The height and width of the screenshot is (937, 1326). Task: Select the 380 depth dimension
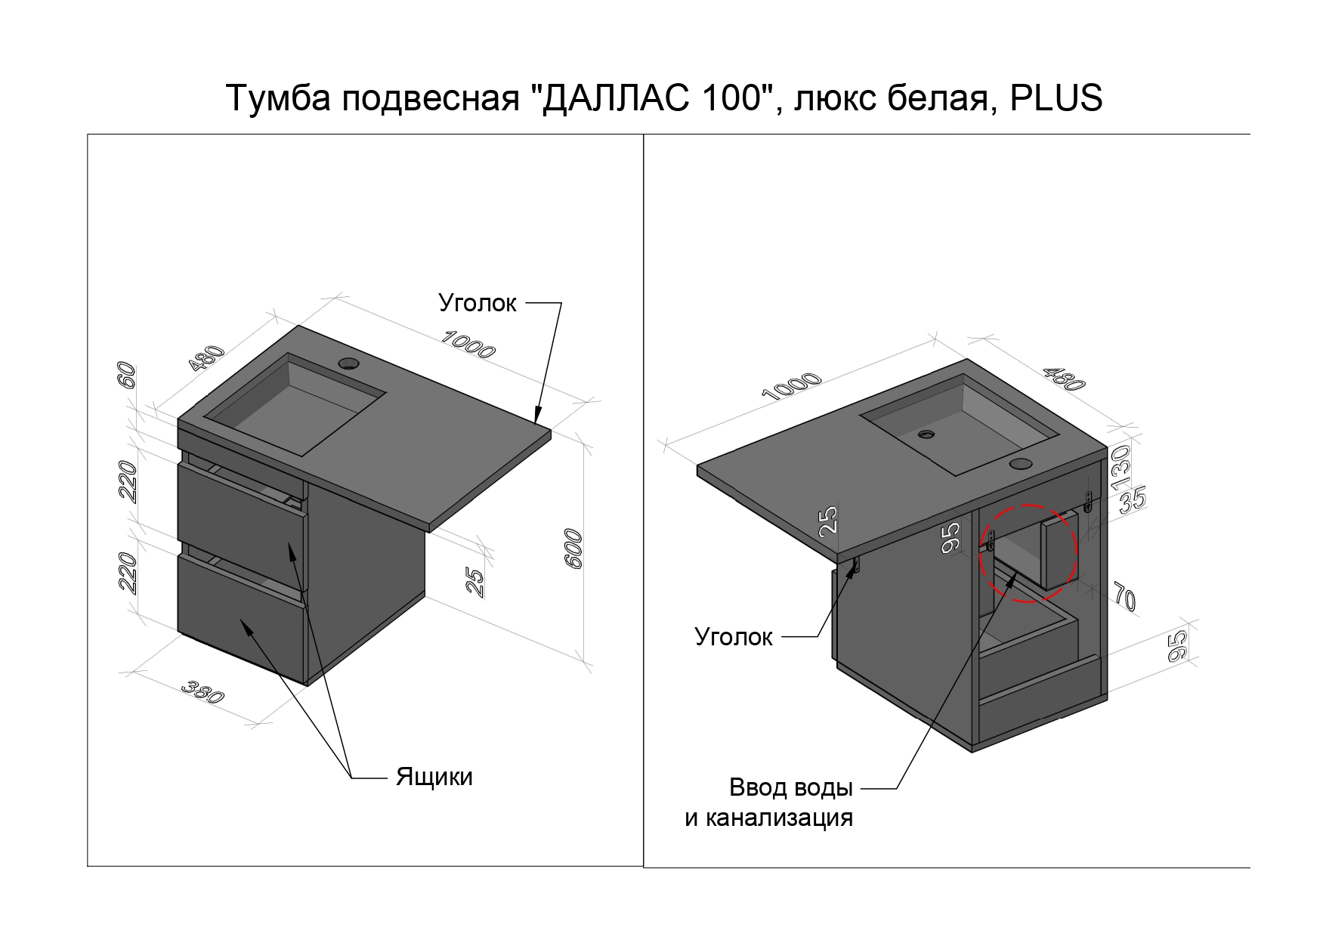202,692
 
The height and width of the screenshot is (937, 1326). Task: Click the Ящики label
434,777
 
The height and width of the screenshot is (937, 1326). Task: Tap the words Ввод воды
790,787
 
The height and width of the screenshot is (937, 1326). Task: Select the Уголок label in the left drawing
478,303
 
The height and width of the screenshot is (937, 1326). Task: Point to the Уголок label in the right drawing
734,637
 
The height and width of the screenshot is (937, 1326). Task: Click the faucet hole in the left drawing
350,363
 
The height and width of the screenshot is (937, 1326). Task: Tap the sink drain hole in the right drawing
926,434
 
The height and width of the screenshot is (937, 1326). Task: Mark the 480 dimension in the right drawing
1064,378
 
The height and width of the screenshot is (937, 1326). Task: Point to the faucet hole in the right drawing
1021,462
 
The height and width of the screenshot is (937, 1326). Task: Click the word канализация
768,818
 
